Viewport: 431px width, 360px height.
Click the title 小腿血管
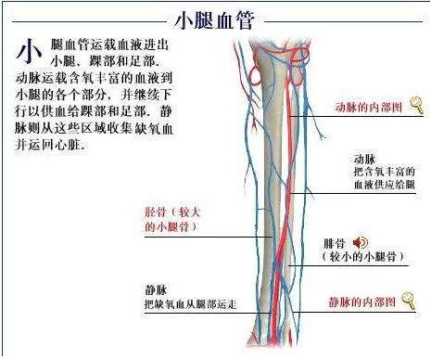(215, 19)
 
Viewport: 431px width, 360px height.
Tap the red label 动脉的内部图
(369, 108)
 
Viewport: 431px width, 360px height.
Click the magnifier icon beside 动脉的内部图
(417, 104)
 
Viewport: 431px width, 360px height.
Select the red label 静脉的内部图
(363, 302)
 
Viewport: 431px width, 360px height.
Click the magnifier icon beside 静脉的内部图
(410, 299)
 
